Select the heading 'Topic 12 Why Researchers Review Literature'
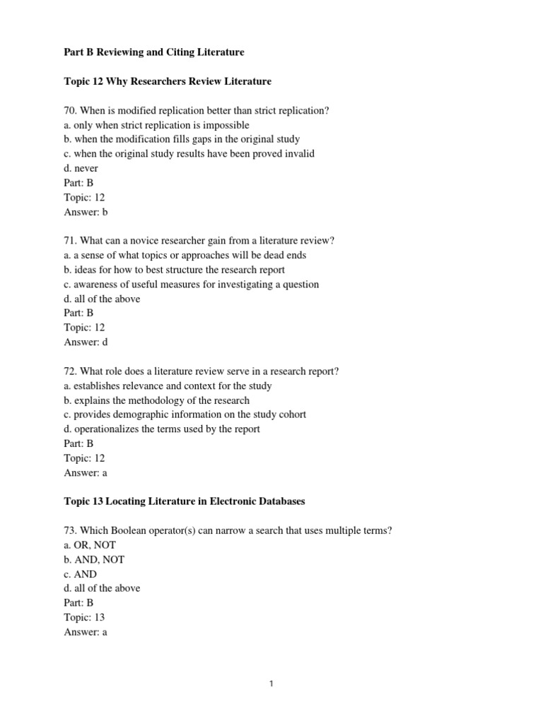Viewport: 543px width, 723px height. tap(167, 81)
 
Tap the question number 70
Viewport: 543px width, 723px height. tap(69, 111)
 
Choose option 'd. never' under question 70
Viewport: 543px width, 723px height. tap(81, 169)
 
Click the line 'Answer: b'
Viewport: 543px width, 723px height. tap(86, 212)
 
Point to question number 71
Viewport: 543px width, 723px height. tap(69, 241)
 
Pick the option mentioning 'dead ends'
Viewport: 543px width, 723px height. tap(185, 256)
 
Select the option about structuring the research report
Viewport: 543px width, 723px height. tap(174, 270)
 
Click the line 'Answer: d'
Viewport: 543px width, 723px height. tap(86, 342)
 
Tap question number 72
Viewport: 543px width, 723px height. tap(69, 371)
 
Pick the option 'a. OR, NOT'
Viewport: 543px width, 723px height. tap(89, 545)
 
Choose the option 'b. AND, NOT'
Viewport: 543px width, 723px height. tap(93, 560)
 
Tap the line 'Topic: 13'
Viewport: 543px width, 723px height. tap(84, 618)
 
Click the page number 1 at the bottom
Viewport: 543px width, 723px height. tap(271, 683)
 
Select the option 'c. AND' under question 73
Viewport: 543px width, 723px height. tap(80, 574)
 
